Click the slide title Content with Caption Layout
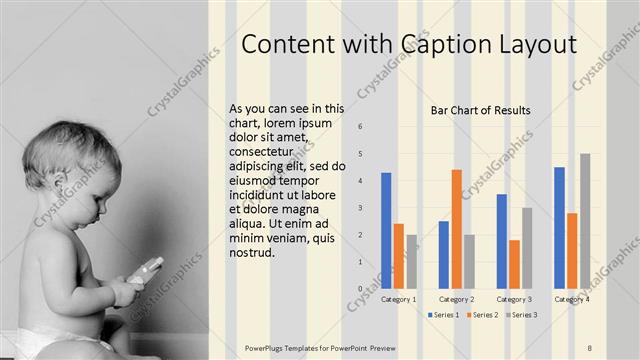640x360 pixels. point(409,45)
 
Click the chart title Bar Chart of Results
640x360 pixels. point(480,110)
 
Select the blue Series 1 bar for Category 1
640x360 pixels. point(386,230)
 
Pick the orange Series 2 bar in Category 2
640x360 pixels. point(456,229)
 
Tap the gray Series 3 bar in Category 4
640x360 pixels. point(585,221)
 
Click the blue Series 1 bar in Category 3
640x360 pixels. point(501,241)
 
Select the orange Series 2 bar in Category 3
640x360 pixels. point(514,264)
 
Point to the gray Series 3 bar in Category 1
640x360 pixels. point(411,261)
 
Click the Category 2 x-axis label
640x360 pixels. point(456,299)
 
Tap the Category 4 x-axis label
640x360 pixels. point(572,299)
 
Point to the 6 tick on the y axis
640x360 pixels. point(361,127)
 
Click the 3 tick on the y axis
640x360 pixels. point(361,208)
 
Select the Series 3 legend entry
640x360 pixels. point(522,315)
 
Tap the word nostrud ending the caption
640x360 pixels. point(250,253)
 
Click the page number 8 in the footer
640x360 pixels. point(589,347)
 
